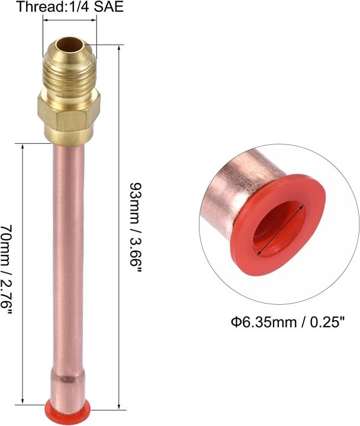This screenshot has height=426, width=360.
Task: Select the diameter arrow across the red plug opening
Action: pos(281,228)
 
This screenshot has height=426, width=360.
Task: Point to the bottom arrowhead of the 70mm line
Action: pos(22,402)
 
